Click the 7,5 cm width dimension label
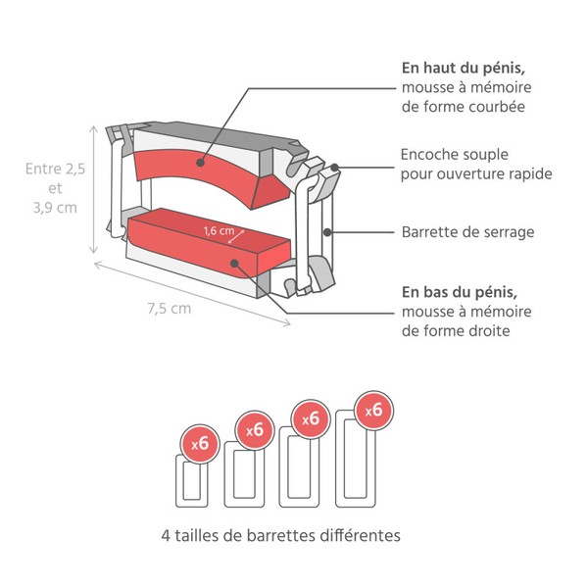169,308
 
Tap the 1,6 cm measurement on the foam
219,231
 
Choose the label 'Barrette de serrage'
467,233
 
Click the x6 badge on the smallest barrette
200,443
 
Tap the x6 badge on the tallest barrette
372,411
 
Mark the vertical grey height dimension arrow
94,187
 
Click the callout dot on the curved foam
201,163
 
